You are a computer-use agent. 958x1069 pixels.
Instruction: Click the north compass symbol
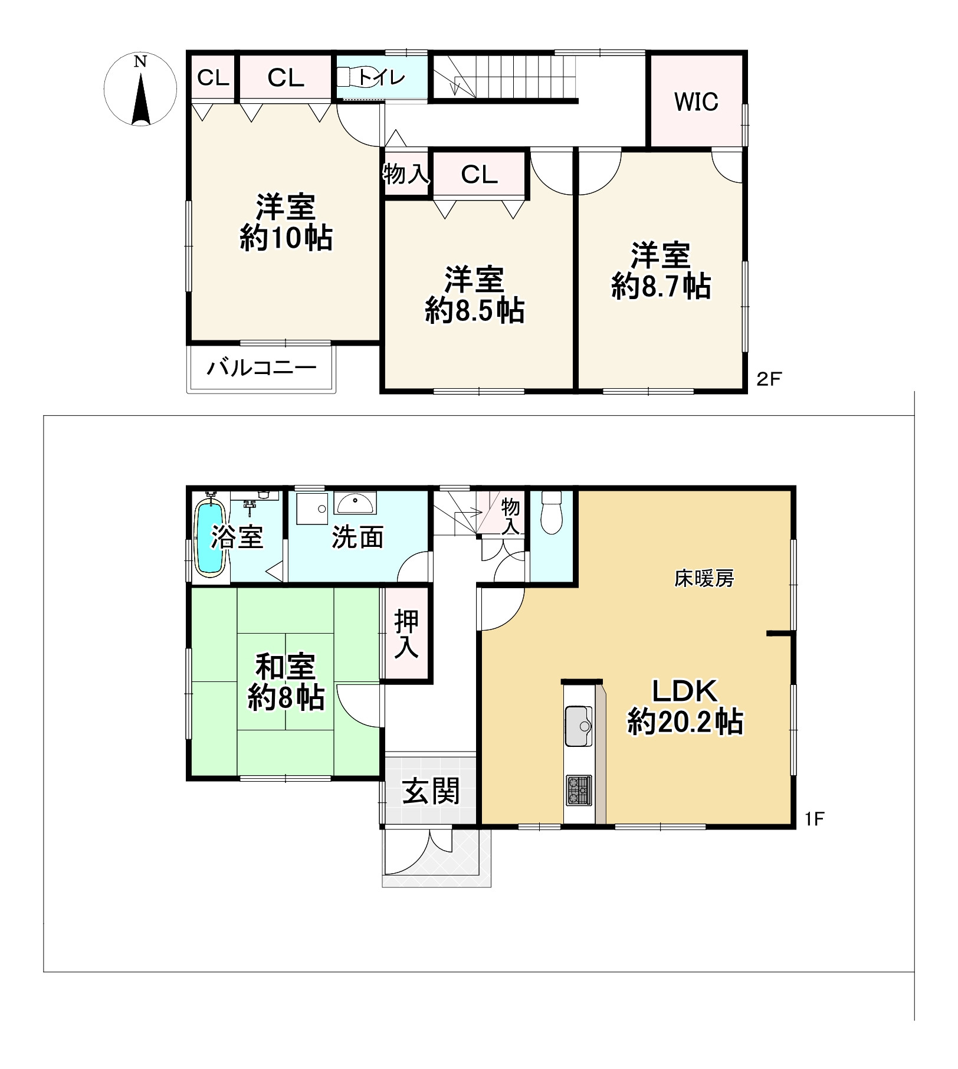tap(140, 90)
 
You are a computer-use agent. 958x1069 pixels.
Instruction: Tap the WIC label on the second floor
tap(696, 102)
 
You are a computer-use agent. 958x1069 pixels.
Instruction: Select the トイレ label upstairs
tap(382, 77)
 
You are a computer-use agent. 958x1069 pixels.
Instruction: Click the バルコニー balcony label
tap(261, 368)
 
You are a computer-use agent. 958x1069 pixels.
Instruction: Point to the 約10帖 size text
tap(286, 238)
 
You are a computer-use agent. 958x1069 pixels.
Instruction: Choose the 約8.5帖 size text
tap(475, 310)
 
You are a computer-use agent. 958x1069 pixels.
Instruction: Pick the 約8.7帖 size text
tap(661, 286)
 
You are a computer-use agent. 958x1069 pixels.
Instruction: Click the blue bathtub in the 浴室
tap(210, 537)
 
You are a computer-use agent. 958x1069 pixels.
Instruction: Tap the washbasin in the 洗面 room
tap(354, 504)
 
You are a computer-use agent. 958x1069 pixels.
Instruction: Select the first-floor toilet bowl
tap(552, 513)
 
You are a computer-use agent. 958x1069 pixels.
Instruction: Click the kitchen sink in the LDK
tap(578, 726)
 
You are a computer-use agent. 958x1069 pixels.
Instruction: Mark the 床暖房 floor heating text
tap(704, 579)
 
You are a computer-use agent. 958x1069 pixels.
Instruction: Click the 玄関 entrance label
tap(431, 791)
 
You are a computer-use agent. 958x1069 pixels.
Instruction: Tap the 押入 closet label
tap(407, 635)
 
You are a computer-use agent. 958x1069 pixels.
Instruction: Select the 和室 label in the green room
tap(286, 667)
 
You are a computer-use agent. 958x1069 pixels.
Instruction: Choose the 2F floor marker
tap(769, 379)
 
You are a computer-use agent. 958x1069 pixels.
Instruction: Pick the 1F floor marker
tap(814, 819)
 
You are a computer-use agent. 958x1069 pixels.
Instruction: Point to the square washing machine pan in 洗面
tap(312, 508)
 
